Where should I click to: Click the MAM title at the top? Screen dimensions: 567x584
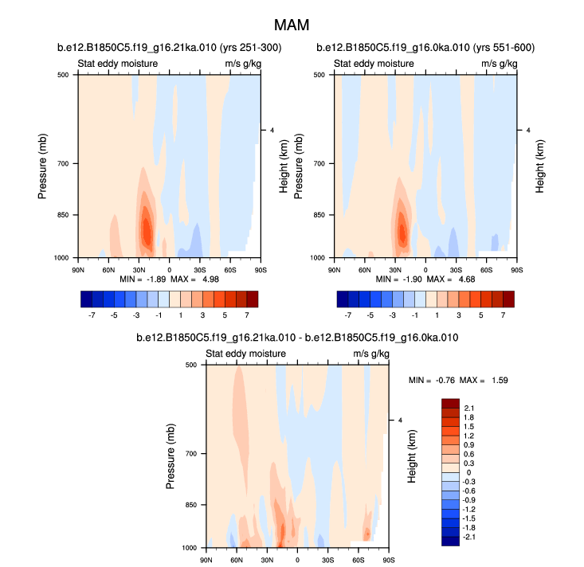point(292,26)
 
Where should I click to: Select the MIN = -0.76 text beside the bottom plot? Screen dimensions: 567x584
point(429,380)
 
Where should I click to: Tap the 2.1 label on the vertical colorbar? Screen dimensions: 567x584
point(469,409)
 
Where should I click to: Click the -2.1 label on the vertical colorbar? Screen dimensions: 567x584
point(471,538)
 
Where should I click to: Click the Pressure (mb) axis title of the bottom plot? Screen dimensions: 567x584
point(173,456)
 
